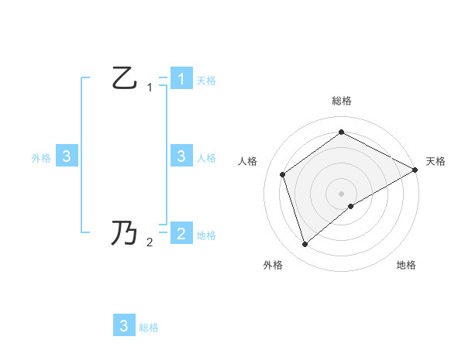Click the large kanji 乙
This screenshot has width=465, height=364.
click(125, 78)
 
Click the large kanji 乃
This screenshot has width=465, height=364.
click(125, 232)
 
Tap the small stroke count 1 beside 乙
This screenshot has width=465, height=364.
click(150, 88)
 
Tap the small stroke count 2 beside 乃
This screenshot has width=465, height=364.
click(150, 242)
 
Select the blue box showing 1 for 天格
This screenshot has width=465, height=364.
click(181, 78)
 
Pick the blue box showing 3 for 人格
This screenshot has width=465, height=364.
click(181, 156)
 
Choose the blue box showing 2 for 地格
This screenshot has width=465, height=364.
click(181, 233)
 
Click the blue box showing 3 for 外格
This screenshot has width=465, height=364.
click(67, 156)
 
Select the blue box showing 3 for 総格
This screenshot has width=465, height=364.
click(124, 326)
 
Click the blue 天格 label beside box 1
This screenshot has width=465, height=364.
click(206, 81)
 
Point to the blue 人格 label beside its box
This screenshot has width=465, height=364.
click(206, 158)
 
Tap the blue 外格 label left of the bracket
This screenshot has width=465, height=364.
click(41, 158)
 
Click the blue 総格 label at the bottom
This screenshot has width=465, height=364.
click(149, 328)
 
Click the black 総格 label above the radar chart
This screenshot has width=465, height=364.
click(341, 101)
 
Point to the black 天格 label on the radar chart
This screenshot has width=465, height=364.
click(436, 161)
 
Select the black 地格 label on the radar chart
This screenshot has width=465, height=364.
click(406, 265)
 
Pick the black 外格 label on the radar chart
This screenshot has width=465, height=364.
click(272, 265)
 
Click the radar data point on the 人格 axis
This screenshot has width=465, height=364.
click(283, 174)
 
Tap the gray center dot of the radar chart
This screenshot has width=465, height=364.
click(341, 193)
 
